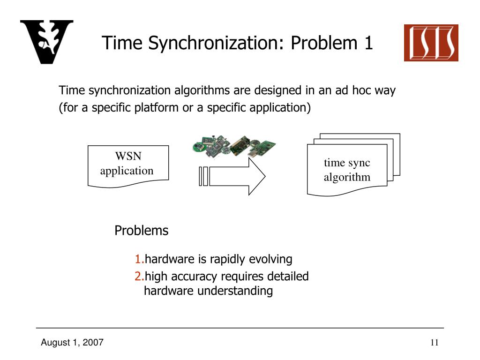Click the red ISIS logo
point(431,43)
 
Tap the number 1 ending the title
point(368,43)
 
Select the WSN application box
point(127,165)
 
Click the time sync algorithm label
point(347,170)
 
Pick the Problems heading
point(141,231)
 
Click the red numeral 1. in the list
point(139,259)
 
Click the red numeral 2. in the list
point(139,277)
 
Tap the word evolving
point(270,259)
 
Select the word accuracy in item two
point(196,277)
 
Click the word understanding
point(235,291)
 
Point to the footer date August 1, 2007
point(72,343)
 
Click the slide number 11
point(434,343)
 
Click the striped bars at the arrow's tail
point(203,176)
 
